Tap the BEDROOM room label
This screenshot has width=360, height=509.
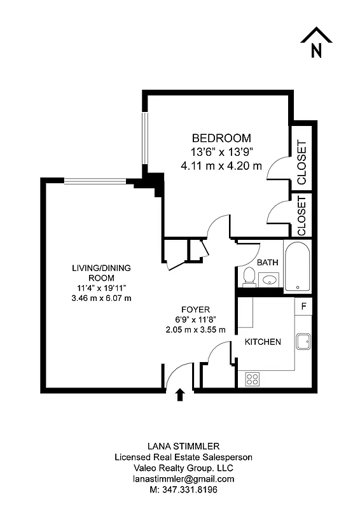coord(221,137)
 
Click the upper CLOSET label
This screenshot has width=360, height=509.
coord(301,163)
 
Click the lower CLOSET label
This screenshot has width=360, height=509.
coord(301,215)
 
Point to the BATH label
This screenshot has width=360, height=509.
coord(267,262)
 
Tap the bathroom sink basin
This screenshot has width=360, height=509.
coord(270,279)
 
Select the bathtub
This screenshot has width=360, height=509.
coord(297,266)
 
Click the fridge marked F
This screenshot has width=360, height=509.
coord(304,306)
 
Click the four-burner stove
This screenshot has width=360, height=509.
coord(253,379)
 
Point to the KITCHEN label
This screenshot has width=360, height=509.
coord(263,342)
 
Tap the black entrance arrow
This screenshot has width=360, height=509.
coord(180,395)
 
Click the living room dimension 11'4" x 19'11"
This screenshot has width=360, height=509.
coord(102,288)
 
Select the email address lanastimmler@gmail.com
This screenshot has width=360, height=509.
coord(183,478)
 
